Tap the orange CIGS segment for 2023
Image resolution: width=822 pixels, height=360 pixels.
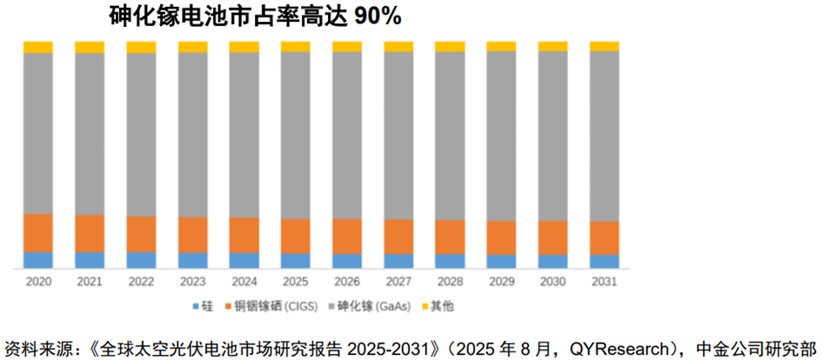pos(192,234)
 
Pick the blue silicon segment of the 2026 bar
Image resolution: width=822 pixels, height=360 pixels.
pos(347,260)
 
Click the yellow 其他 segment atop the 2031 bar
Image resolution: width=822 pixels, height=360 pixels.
pos(605,46)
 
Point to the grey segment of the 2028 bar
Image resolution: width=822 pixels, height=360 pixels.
pos(450,136)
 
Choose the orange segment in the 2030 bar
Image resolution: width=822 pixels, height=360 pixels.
pos(553,237)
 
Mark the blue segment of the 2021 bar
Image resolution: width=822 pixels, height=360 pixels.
pos(90,259)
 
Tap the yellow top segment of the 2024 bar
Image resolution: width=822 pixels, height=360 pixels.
pos(244,46)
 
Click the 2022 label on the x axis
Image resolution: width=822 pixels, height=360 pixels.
pos(141,282)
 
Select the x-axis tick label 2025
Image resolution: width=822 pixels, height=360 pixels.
pos(296,282)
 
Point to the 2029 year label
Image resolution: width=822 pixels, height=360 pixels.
pos(501,282)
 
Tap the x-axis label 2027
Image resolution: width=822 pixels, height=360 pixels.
pos(398,282)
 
